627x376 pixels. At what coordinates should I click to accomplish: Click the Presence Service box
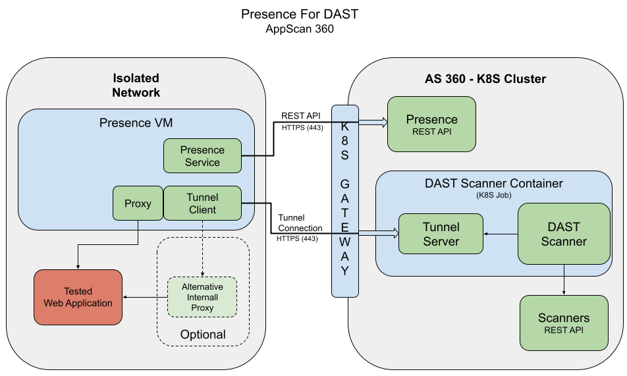[x=202, y=156]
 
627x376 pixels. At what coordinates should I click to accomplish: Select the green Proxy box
[x=138, y=203]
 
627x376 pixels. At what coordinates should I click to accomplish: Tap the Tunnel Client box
[x=202, y=203]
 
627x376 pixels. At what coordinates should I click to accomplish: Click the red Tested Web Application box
[x=78, y=297]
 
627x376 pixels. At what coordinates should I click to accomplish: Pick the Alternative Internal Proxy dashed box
[x=202, y=298]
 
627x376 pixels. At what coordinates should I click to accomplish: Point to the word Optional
[x=203, y=335]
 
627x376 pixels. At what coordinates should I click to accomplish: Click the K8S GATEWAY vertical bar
[x=345, y=201]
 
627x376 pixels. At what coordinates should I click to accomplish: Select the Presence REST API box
[x=431, y=124]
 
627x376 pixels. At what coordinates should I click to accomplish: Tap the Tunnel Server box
[x=441, y=234]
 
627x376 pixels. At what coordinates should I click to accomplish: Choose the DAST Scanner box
[x=564, y=234]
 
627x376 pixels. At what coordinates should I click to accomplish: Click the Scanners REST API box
[x=564, y=323]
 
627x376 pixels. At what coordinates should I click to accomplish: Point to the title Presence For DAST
[x=300, y=14]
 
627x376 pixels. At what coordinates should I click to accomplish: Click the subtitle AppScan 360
[x=300, y=29]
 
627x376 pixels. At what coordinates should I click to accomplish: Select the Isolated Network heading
[x=136, y=85]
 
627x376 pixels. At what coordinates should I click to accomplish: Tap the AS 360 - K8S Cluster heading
[x=485, y=79]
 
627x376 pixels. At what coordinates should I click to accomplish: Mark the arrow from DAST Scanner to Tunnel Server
[x=501, y=233]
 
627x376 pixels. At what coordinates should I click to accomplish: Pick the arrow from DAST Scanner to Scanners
[x=564, y=279]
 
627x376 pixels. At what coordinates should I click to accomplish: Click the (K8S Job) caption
[x=494, y=196]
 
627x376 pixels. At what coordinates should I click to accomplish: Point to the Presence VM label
[x=136, y=123]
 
